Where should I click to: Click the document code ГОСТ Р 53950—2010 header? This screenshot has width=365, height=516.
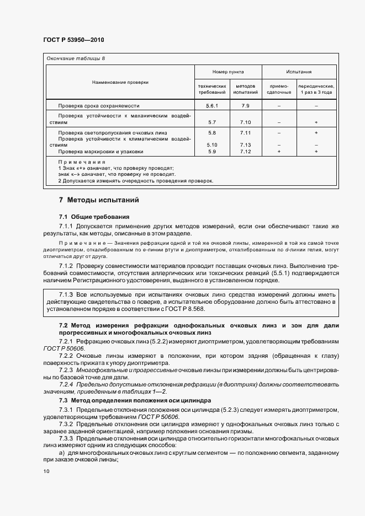pos(73,40)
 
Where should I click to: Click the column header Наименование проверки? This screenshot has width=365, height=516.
pos(120,82)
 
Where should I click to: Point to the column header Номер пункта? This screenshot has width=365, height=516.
pos(228,72)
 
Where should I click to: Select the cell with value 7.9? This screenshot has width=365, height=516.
pos(245,105)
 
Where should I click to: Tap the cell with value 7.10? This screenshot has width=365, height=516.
pos(245,122)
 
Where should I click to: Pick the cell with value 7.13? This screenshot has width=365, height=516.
pos(245,145)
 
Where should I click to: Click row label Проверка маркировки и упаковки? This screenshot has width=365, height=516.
pos(100,152)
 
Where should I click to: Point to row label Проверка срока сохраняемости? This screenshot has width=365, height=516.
pos(99,105)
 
